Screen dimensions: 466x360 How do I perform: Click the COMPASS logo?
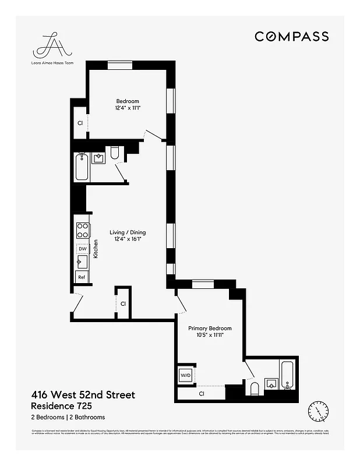tap(291, 36)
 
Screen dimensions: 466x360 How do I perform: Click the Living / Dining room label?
tap(128, 235)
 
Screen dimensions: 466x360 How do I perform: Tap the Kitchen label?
tap(96, 249)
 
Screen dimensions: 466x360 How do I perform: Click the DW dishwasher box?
tap(82, 249)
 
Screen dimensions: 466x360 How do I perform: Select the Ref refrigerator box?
tap(82, 277)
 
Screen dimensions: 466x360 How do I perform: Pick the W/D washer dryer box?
tap(186, 375)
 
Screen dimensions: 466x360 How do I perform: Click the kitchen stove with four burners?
tap(82, 231)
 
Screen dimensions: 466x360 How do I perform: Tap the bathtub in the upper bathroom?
tap(82, 167)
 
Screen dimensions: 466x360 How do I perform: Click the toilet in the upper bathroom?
tap(114, 153)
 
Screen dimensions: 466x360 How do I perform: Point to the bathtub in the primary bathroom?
tap(288, 376)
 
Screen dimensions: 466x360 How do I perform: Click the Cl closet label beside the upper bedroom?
tap(80, 123)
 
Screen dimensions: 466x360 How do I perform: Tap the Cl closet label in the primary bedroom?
tap(202, 394)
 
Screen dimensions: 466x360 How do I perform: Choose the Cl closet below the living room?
tap(123, 303)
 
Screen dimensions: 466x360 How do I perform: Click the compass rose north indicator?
tap(318, 412)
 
